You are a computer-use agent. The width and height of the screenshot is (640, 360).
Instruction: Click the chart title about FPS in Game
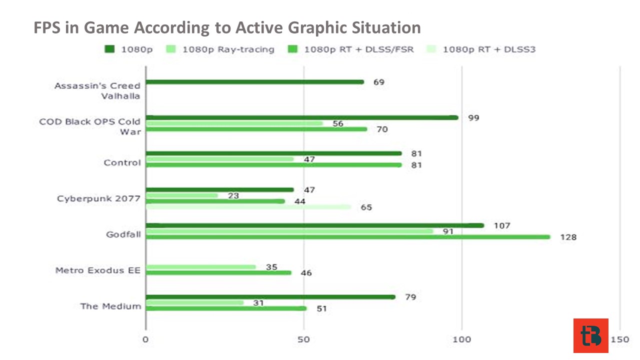pos(227,27)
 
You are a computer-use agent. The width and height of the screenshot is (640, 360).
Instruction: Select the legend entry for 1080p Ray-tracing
pos(220,49)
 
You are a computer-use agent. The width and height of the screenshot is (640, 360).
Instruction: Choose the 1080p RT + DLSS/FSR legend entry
pos(350,49)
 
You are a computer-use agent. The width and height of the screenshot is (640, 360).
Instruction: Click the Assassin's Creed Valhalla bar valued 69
pos(255,82)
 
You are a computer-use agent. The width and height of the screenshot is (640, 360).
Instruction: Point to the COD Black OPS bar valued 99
pos(302,117)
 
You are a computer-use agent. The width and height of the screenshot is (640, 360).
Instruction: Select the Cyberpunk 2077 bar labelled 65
pos(248,207)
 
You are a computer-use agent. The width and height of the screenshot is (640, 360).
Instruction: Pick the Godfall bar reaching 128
pos(348,237)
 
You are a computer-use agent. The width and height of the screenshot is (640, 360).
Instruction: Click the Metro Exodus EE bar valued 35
pos(201,267)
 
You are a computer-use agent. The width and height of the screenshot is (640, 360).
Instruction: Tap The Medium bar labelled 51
pos(226,308)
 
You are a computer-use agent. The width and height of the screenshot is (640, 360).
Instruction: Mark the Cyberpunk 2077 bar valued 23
pos(182,195)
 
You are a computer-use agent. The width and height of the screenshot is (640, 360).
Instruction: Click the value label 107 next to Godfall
pos(502,225)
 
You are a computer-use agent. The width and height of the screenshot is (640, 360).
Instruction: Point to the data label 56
pos(337,123)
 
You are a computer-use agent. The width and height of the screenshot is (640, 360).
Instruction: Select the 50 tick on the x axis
pos(303,339)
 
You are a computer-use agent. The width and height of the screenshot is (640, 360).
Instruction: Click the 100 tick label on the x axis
pos(461,339)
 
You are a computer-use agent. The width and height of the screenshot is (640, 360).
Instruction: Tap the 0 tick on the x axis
pos(145,339)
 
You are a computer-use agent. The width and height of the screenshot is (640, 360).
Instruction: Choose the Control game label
pos(122,163)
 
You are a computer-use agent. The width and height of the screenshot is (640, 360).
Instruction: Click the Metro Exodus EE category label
pos(98,270)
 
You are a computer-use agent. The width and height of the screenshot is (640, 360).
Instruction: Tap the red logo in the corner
pos(591,335)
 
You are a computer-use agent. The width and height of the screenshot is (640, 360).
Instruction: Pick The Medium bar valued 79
pos(270,297)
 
